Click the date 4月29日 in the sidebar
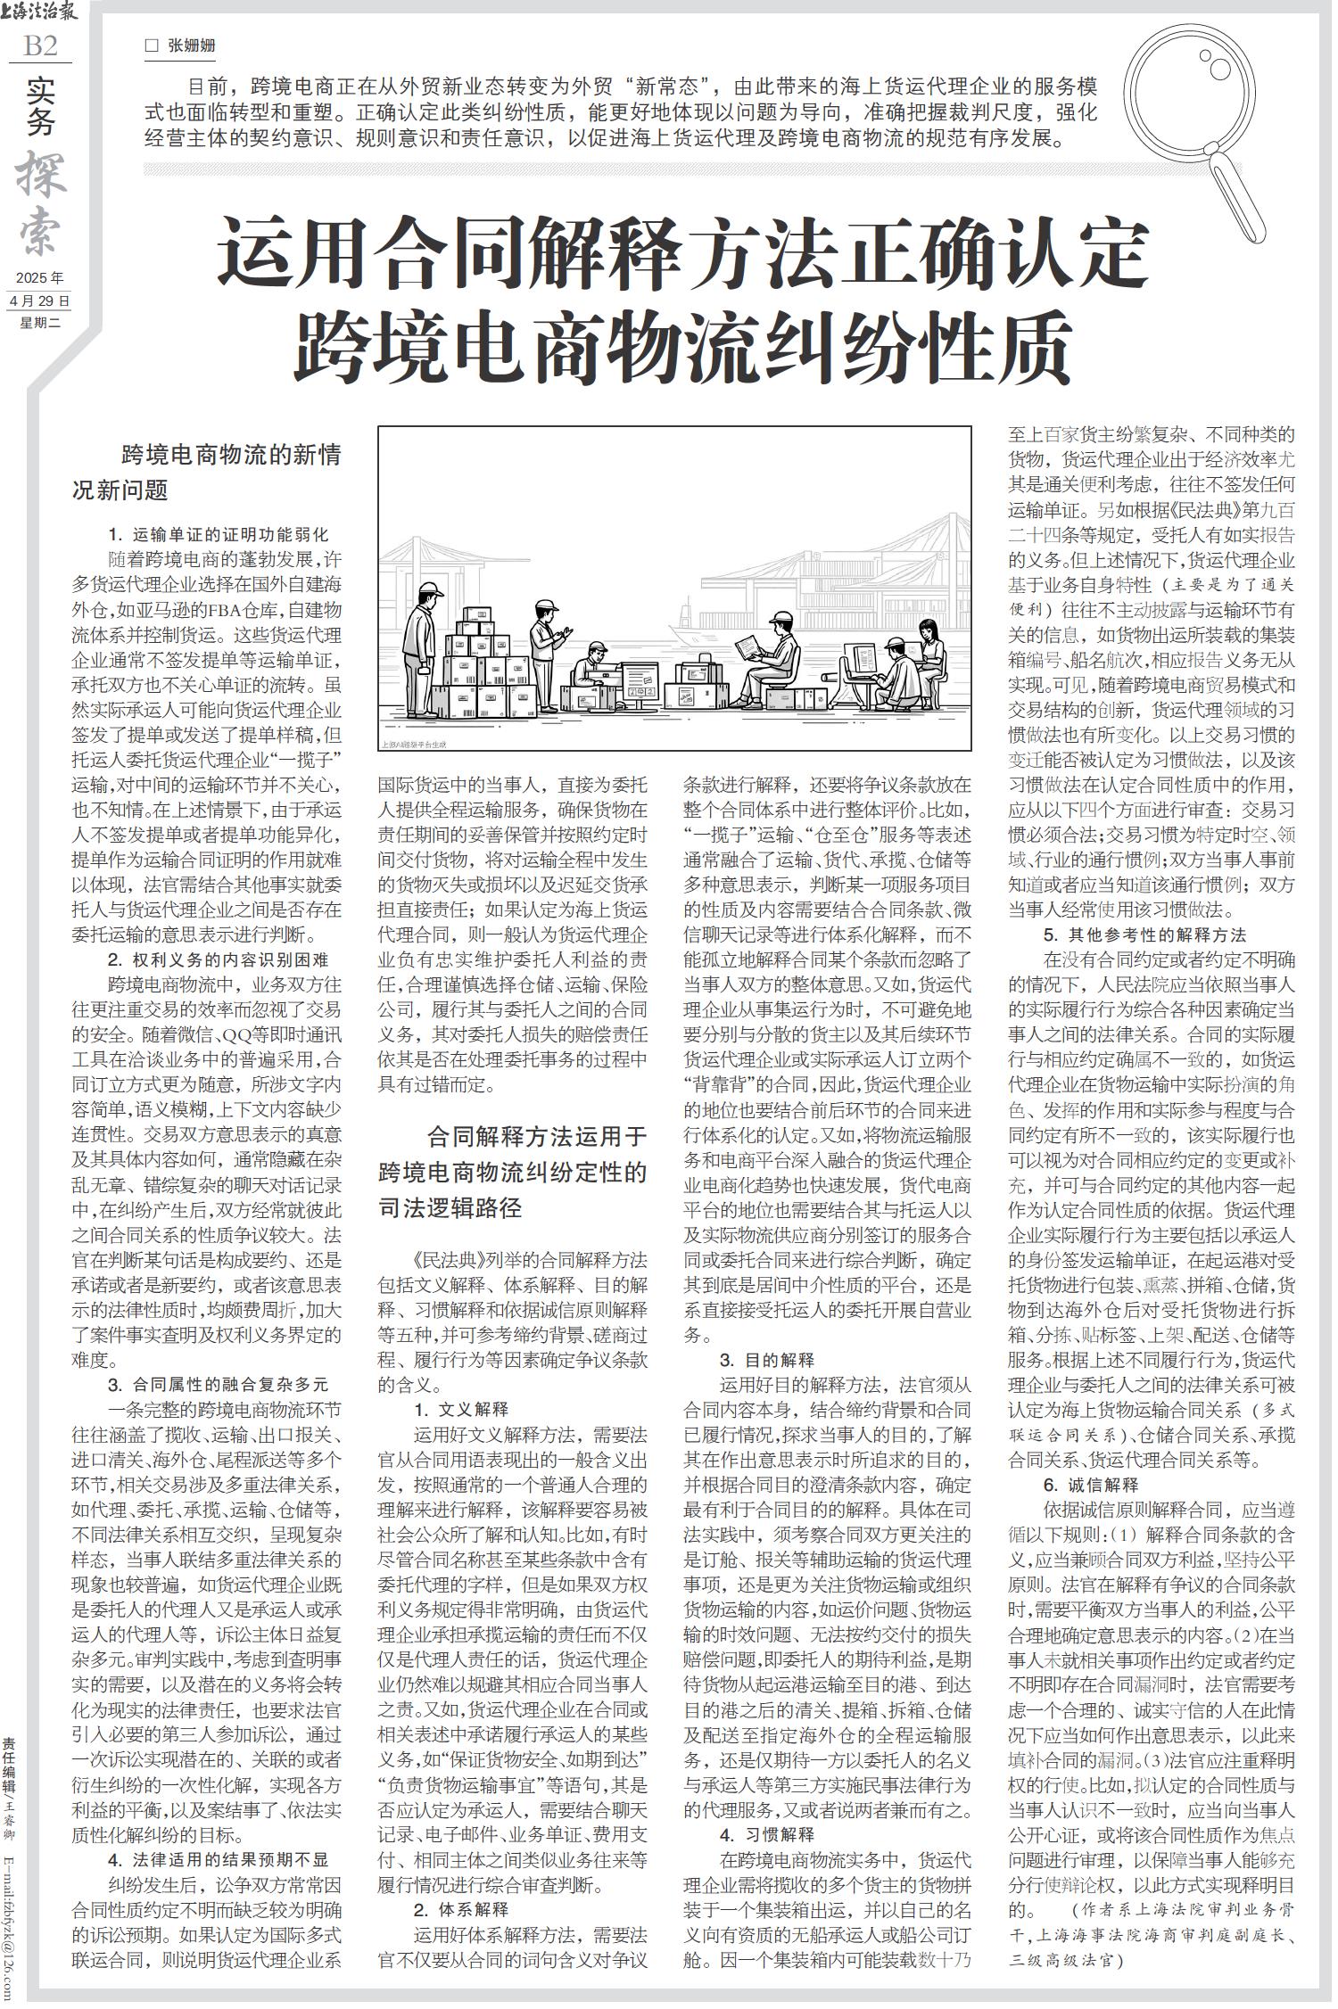click(x=39, y=301)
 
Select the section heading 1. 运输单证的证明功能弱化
click(x=218, y=535)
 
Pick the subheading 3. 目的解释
click(x=767, y=1360)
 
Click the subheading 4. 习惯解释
click(x=767, y=1809)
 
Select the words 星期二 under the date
click(x=39, y=323)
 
